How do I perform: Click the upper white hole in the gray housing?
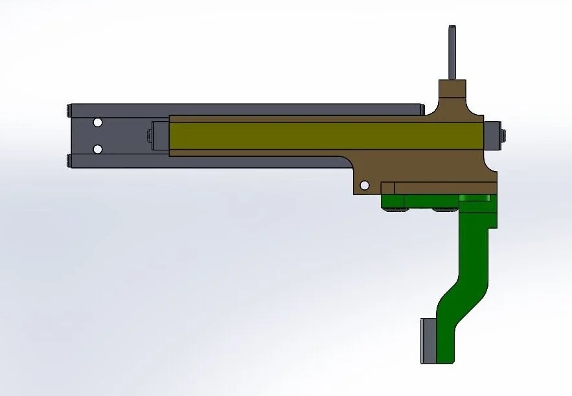click(97, 122)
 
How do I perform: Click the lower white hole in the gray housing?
click(97, 149)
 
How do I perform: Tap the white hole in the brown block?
click(365, 185)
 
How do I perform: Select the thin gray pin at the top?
click(453, 52)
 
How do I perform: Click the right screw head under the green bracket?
click(444, 209)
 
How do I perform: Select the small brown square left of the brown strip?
click(388, 188)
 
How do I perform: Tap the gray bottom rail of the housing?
click(194, 163)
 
